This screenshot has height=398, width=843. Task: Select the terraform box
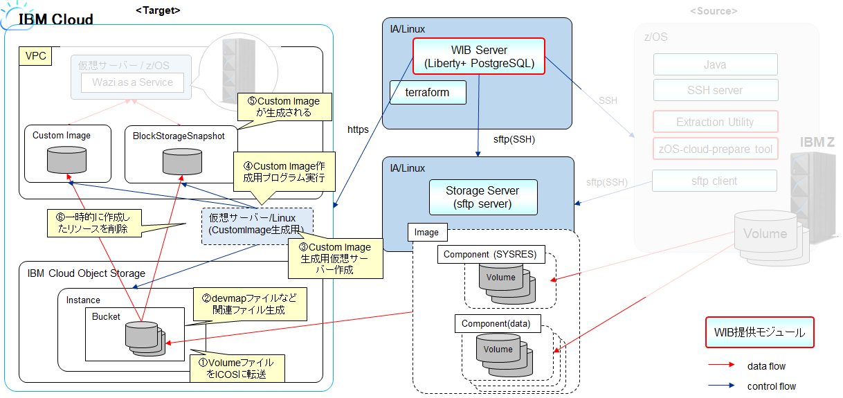click(x=426, y=92)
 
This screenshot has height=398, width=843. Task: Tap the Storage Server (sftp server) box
click(x=482, y=197)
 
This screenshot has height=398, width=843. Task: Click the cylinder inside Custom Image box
click(x=61, y=161)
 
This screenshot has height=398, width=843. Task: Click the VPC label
click(x=35, y=56)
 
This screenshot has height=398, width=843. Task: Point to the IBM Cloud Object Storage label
click(x=87, y=273)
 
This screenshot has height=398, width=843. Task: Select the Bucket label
click(x=106, y=316)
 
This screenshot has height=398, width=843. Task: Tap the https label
click(x=358, y=129)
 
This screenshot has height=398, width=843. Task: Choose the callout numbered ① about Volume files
click(x=236, y=368)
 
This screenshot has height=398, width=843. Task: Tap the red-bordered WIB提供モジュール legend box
click(x=759, y=332)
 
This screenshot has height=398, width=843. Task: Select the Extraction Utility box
click(x=715, y=122)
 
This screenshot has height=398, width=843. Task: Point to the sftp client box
click(x=715, y=181)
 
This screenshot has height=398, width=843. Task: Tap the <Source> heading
click(x=714, y=10)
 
